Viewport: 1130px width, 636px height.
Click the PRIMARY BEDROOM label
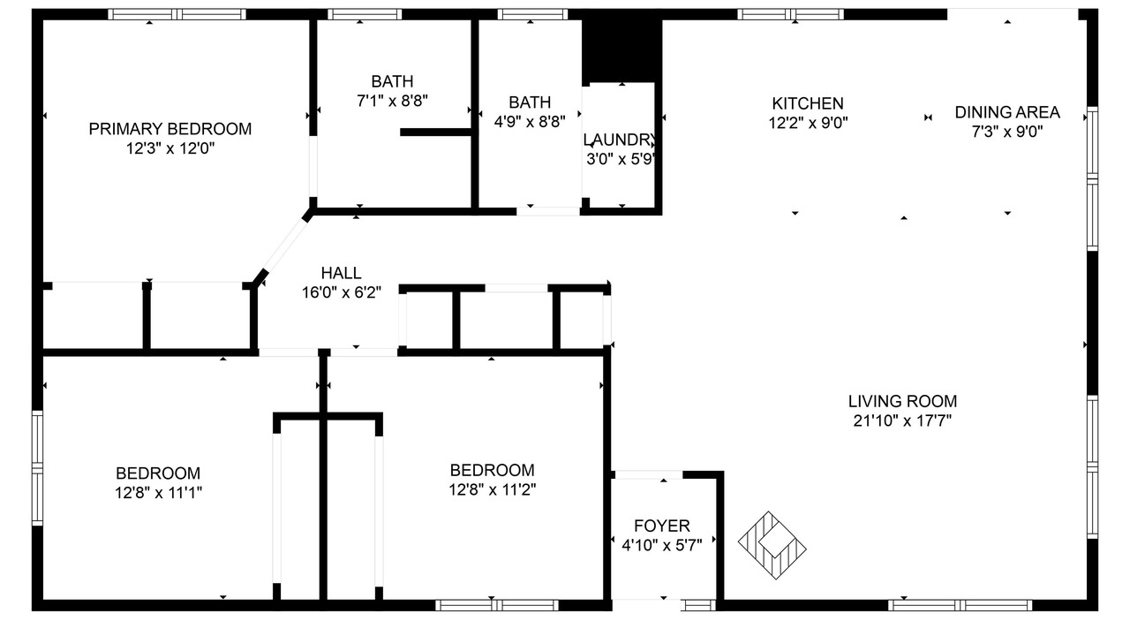click(x=170, y=129)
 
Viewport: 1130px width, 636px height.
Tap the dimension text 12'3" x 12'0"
click(x=170, y=148)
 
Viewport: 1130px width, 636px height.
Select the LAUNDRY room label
click(x=620, y=140)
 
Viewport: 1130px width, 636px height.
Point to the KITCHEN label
click(x=808, y=103)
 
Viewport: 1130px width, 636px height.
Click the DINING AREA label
click(x=1007, y=112)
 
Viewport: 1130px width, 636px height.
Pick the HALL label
click(x=341, y=273)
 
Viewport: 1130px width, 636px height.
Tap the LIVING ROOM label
click(x=902, y=401)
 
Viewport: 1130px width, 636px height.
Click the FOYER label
click(x=662, y=526)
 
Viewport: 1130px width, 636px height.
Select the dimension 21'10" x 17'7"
click(x=902, y=420)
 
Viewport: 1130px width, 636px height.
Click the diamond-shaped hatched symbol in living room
click(x=772, y=545)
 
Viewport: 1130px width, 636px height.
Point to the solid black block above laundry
click(x=622, y=51)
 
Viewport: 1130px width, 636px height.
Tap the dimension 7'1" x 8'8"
click(x=393, y=101)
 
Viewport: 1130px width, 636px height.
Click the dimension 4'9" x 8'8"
click(x=530, y=122)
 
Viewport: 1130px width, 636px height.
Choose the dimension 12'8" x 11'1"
click(x=158, y=493)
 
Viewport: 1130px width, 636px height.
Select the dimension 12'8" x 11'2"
click(x=493, y=489)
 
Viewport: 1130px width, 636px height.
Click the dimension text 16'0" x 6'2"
click(x=342, y=292)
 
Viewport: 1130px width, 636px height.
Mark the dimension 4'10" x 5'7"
click(x=662, y=545)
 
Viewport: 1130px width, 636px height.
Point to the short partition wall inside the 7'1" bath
click(x=436, y=132)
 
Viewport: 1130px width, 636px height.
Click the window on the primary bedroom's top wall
click(x=177, y=14)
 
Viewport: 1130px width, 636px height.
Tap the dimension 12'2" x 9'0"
click(x=808, y=123)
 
